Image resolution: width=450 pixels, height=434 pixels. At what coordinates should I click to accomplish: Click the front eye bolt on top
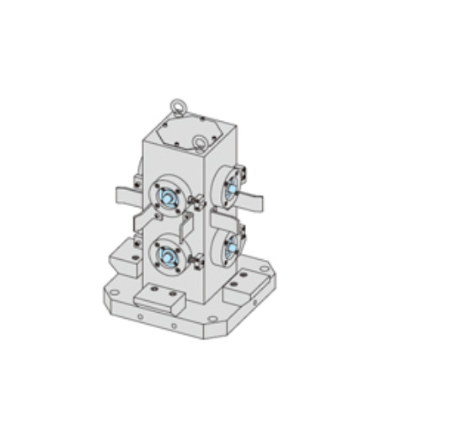[201, 142]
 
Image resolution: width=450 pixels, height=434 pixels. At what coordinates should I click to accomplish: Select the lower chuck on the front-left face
[165, 253]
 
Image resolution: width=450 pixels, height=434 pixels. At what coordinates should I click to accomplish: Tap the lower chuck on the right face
[229, 246]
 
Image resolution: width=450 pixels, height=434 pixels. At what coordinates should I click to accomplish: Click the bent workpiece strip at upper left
[126, 196]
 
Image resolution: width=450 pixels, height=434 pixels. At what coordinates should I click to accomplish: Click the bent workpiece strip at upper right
[251, 201]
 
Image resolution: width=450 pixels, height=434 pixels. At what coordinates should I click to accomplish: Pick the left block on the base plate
[124, 257]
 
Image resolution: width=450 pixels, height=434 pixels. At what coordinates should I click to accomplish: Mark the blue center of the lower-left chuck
[166, 254]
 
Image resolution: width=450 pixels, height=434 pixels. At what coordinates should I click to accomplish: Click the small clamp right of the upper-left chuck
[198, 204]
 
